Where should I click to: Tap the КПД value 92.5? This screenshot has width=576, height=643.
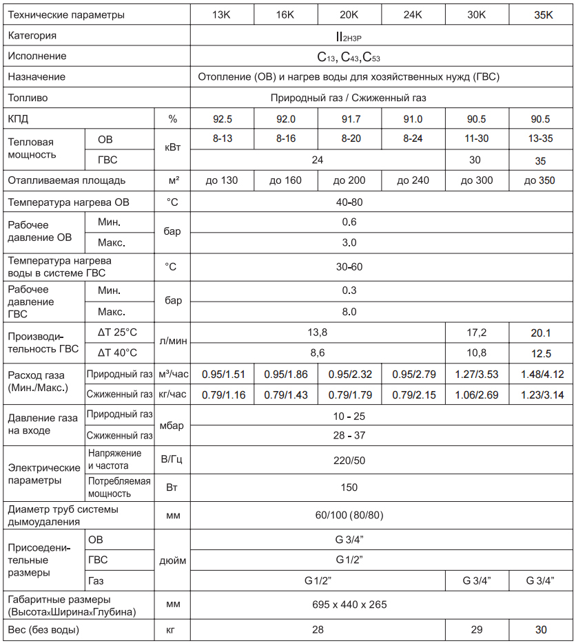[222, 119]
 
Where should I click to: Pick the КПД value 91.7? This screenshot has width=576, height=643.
[349, 119]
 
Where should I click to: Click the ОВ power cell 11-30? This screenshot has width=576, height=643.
[476, 138]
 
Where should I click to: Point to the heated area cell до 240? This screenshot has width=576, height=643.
[413, 181]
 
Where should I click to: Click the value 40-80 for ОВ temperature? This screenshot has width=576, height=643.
[349, 202]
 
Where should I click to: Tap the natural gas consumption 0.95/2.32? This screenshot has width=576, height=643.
[349, 375]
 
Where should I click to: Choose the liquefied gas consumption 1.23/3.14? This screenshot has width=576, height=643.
[542, 395]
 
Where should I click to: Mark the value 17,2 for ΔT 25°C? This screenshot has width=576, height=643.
[476, 333]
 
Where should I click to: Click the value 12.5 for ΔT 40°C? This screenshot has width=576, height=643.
[542, 354]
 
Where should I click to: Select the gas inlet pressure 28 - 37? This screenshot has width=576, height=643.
[349, 436]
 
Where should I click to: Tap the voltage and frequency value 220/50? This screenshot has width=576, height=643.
[349, 460]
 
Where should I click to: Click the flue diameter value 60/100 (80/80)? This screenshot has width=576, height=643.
[349, 515]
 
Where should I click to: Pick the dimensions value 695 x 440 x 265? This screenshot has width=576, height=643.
[349, 604]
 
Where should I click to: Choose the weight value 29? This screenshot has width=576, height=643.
[476, 630]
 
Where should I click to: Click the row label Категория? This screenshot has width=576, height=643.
[32, 35]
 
